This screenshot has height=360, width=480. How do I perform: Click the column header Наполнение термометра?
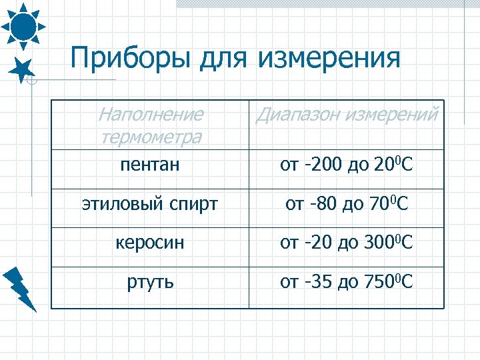coord(150,125)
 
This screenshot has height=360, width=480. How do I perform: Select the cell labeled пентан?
coord(150,165)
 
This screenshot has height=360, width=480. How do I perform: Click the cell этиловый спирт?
coord(150,204)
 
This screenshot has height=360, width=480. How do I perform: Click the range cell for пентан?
coord(347,164)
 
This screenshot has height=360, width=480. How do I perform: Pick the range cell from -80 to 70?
coord(347,203)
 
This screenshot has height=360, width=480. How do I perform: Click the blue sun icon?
coord(23,26)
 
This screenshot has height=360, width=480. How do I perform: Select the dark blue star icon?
coord(23,69)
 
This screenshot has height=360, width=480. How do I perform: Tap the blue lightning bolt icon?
coord(20,288)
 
